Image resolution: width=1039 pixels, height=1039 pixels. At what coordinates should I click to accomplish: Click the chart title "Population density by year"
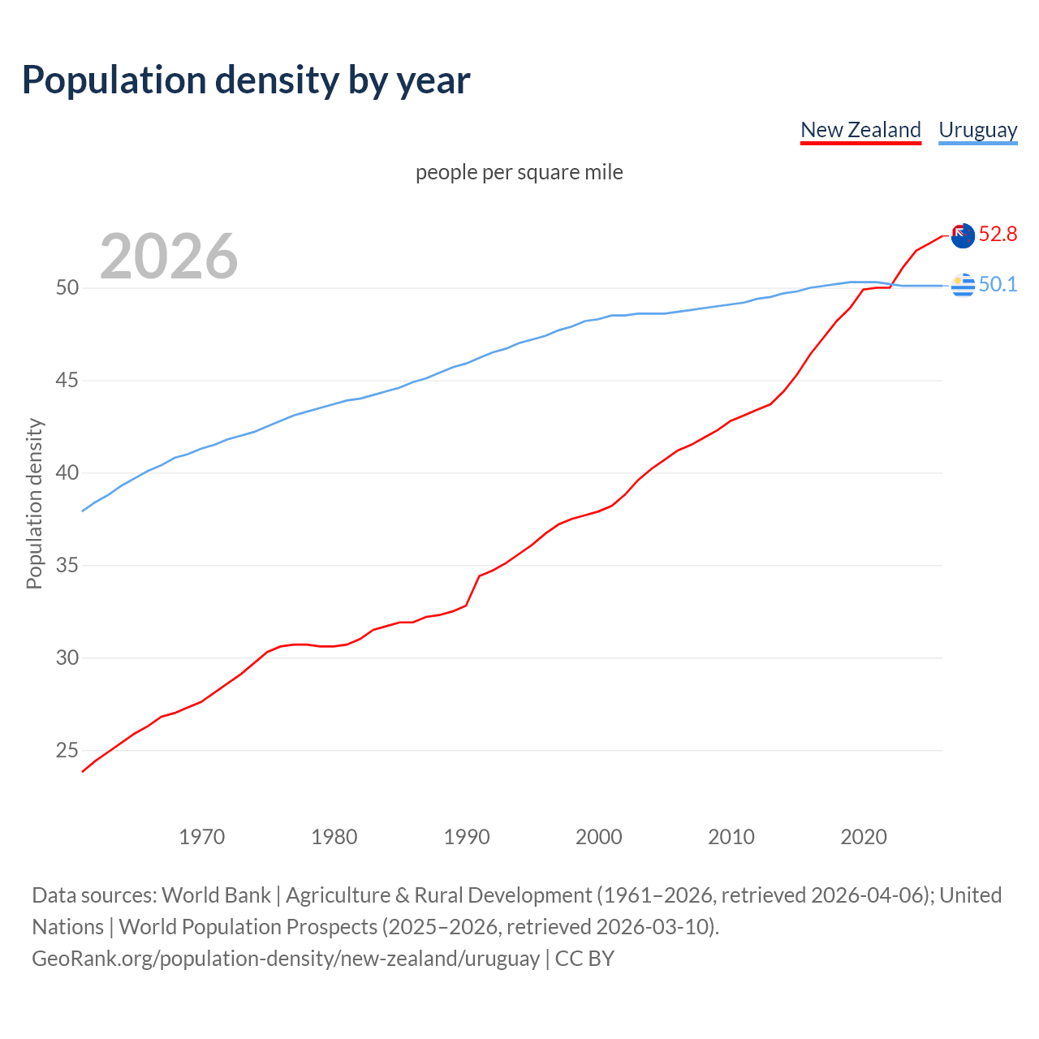coord(246,80)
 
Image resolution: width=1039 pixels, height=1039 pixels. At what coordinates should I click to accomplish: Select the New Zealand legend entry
coord(860,130)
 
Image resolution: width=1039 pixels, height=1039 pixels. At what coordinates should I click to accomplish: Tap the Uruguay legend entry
coord(977,130)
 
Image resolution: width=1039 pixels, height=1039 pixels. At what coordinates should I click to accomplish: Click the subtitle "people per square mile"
coord(519,172)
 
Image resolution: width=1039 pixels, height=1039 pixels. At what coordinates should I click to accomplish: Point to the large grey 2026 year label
coord(169,257)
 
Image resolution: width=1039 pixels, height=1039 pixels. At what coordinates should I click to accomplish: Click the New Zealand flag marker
coord(963,235)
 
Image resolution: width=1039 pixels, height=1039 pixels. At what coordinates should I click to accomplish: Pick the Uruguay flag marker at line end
coord(963,285)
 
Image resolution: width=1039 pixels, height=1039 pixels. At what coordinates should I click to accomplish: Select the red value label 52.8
coord(998,235)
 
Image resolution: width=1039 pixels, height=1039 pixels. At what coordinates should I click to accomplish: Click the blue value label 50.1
coord(998,284)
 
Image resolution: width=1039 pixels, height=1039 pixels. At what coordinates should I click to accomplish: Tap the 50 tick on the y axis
coord(67,288)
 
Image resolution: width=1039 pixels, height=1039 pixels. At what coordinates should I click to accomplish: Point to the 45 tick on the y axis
coord(67,381)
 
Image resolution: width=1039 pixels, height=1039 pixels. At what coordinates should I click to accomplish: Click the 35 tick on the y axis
coord(67,565)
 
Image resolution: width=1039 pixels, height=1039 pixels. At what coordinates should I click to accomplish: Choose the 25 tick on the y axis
coord(67,750)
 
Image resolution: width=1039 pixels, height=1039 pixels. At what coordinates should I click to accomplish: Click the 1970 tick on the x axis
coord(201,837)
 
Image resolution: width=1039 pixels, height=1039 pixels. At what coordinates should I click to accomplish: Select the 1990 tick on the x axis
coord(467,837)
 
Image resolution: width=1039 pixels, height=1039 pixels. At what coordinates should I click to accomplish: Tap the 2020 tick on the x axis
coord(863,837)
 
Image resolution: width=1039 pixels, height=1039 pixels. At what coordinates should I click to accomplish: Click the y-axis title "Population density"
coord(34,503)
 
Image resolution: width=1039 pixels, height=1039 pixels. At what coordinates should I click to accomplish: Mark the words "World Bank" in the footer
coord(216,895)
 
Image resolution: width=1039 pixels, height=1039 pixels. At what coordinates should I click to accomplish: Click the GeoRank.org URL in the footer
coord(286,959)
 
